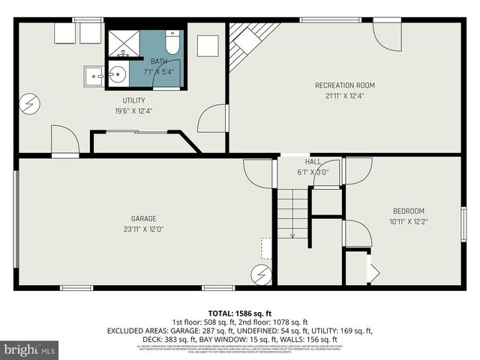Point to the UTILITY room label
click(134, 100)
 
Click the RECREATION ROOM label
click(345, 85)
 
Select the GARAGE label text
click(144, 220)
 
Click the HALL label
click(313, 162)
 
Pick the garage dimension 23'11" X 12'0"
click(144, 229)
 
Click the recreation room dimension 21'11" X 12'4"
click(345, 95)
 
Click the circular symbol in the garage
click(261, 274)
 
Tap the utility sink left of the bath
click(94, 75)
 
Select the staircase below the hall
click(293, 214)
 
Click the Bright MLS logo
click(29, 349)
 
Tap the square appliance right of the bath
click(208, 46)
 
